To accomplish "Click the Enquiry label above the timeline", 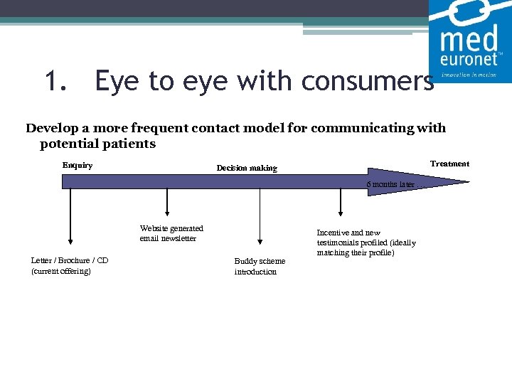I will tap(78, 166).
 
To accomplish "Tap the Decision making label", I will tap(247, 169).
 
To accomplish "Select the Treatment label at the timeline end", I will tap(449, 164).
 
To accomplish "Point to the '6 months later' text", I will tap(390, 185).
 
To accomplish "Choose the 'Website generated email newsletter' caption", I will tap(171, 233).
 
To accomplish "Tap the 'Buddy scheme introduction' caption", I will tap(260, 266).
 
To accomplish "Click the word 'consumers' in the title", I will tap(367, 82).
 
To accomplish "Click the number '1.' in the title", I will tap(55, 82).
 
